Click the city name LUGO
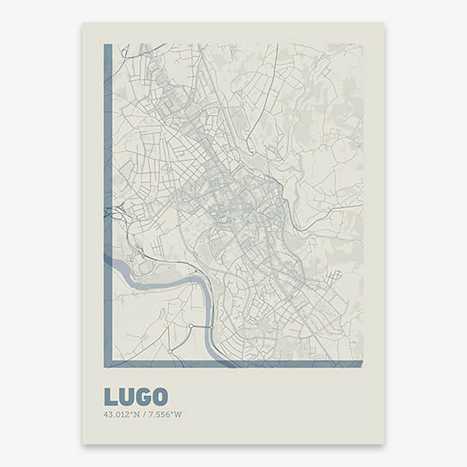pos(135,397)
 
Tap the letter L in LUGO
pos(110,397)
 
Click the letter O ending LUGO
pos(160,397)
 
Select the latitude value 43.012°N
pos(120,414)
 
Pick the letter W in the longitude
pos(178,414)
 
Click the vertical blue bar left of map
pos(107,202)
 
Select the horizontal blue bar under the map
pos(233,363)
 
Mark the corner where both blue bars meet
pos(107,363)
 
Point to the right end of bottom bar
pos(360,363)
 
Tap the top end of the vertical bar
pos(107,47)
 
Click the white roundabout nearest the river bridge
pos(191,325)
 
